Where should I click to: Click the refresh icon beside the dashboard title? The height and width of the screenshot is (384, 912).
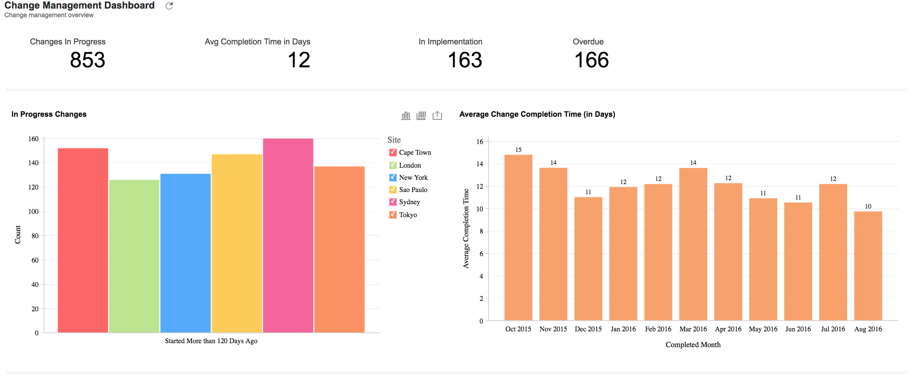(x=169, y=6)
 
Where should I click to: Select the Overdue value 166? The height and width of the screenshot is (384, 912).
(x=591, y=60)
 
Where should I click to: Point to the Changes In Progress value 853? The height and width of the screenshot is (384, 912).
(x=88, y=60)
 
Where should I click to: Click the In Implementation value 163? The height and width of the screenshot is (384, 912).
(x=465, y=60)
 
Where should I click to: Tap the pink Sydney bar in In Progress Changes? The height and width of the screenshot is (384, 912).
(x=288, y=235)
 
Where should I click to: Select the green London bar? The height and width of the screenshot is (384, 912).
(x=134, y=256)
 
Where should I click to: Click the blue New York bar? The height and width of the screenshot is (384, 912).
(x=185, y=253)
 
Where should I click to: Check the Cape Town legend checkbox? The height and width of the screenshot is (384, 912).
(x=393, y=153)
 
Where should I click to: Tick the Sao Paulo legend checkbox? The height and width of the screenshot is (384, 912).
(x=393, y=190)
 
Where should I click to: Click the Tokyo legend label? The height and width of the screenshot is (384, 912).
(x=408, y=215)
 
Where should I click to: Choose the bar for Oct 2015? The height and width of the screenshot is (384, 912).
(x=518, y=237)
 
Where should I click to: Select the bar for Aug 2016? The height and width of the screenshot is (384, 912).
(x=868, y=266)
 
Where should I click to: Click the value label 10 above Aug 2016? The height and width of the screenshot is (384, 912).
(x=868, y=206)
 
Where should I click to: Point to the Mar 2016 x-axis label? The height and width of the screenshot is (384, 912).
(x=693, y=329)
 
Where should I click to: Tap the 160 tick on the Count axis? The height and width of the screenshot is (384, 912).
(x=33, y=139)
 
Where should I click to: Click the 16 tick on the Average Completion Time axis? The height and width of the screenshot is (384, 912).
(x=480, y=142)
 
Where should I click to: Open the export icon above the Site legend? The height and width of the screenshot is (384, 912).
(x=437, y=115)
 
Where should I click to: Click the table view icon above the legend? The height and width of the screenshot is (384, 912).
(x=421, y=115)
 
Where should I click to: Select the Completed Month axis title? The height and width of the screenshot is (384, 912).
(x=693, y=345)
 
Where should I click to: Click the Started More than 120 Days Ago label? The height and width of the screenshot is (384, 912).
(x=211, y=341)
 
